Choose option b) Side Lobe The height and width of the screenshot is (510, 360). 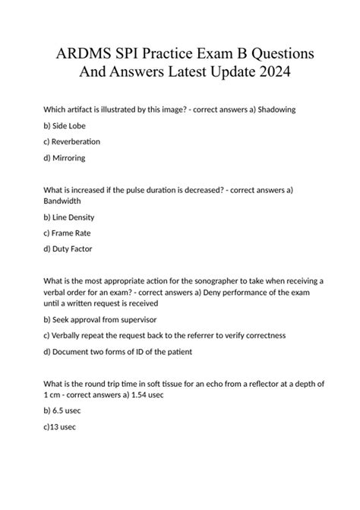[x=65, y=125]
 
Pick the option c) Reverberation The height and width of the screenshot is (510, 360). [x=72, y=141]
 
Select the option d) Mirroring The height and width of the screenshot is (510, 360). [x=65, y=157]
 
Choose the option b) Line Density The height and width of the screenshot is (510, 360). [x=69, y=217]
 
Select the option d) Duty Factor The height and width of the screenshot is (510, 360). [x=68, y=249]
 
